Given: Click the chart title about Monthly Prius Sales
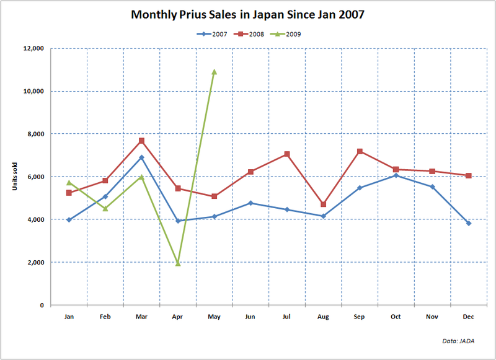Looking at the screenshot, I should click(247, 14).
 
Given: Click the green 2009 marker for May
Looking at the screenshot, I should click(214, 72).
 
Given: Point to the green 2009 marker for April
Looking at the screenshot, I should click(178, 263).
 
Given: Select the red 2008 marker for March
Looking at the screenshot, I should click(141, 141).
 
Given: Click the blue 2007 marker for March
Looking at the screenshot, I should click(141, 157).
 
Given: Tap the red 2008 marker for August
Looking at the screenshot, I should click(323, 204).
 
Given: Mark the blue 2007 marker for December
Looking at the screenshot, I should click(469, 223).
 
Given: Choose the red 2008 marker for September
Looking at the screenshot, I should click(360, 151).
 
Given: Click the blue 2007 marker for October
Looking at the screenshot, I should click(396, 175).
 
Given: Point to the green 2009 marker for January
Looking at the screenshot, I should click(69, 182).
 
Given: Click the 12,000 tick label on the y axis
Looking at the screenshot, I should click(33, 48).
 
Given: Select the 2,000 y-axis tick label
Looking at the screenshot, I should click(35, 263).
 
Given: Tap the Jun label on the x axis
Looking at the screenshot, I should click(250, 317).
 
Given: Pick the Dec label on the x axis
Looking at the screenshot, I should click(469, 317).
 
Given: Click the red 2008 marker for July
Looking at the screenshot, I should click(286, 154).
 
